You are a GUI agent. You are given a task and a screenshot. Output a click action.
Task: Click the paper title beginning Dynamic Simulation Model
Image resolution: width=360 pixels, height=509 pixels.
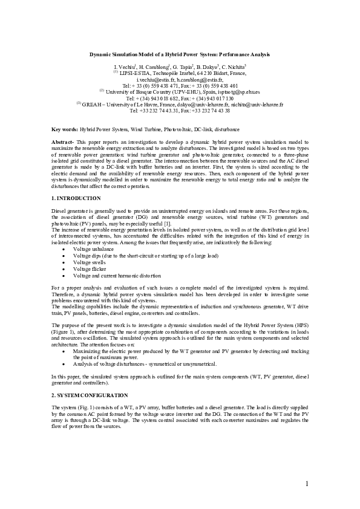[180, 54]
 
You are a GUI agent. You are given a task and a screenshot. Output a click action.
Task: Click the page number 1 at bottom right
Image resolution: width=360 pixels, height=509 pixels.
[307, 483]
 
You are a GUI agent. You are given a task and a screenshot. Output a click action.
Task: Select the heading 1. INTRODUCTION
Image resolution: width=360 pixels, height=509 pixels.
[76, 198]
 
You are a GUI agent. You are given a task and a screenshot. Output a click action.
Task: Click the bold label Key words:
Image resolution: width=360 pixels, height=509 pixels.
[65, 129]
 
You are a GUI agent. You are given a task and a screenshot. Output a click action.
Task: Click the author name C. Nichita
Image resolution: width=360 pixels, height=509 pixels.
[232, 65]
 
